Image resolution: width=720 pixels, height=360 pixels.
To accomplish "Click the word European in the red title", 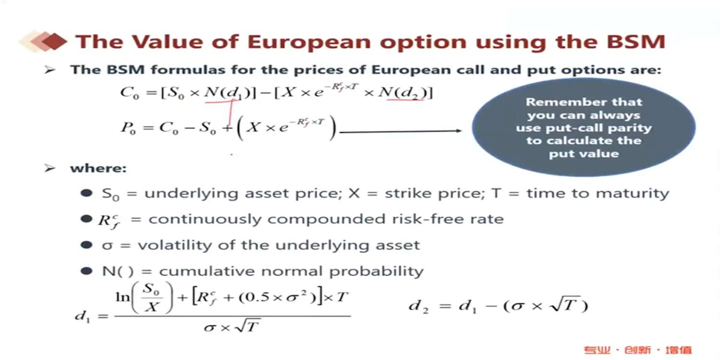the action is tap(309, 42).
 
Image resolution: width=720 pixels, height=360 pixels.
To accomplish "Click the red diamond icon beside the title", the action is tap(55, 41).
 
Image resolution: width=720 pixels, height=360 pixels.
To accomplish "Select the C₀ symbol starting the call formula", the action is tap(130, 93).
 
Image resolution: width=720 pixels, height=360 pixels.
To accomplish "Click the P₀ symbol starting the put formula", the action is tap(128, 128).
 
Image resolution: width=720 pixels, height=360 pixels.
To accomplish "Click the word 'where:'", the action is tap(98, 168).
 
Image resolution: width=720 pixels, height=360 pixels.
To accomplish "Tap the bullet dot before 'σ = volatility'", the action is tap(86, 245).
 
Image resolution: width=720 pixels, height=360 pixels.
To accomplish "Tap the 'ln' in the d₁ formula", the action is tap(122, 297).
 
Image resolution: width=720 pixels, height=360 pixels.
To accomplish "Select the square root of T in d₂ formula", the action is tap(565, 304).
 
